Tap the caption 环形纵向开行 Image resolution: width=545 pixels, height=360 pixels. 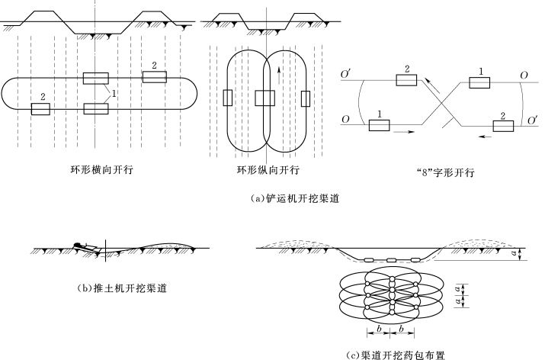click(268, 169)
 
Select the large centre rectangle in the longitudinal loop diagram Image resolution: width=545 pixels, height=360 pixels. click(264, 98)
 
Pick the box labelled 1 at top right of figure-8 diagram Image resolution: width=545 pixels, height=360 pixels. click(479, 82)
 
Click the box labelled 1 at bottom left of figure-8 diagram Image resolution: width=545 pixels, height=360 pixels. click(379, 125)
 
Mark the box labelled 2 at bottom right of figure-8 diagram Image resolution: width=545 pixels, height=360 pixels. click(503, 126)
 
